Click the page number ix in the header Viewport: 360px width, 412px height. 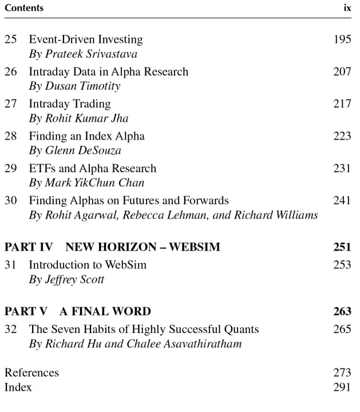point(347,9)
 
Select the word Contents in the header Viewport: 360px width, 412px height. point(23,9)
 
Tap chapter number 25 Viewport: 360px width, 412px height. point(11,40)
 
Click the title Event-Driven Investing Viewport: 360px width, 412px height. point(86,40)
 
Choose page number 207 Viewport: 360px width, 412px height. point(342,72)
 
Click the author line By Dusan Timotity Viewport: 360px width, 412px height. point(74,86)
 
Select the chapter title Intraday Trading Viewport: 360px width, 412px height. point(70,104)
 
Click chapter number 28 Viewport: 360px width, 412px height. point(11,136)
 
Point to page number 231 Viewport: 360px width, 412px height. point(342,169)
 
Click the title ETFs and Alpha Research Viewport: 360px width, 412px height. point(92,169)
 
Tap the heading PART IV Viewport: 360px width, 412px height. point(29,247)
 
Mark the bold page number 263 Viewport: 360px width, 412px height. point(342,312)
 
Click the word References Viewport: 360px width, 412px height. point(31,373)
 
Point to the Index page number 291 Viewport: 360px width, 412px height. point(342,387)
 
